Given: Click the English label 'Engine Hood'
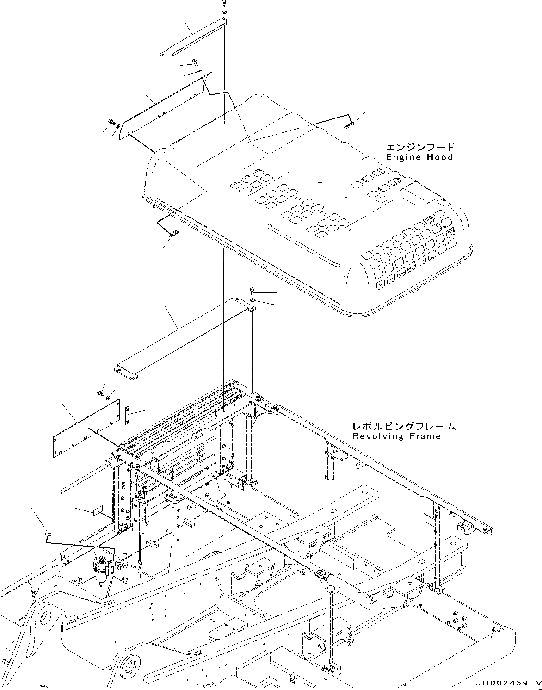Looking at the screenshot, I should pyautogui.click(x=419, y=157).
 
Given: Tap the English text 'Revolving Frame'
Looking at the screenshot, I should pyautogui.click(x=396, y=436).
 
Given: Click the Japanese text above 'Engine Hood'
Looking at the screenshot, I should pyautogui.click(x=420, y=148).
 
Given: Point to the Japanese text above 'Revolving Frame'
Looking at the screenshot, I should pyautogui.click(x=403, y=426).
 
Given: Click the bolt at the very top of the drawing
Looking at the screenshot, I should pyautogui.click(x=224, y=3).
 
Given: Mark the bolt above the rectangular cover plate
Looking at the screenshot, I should pyautogui.click(x=100, y=393).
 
